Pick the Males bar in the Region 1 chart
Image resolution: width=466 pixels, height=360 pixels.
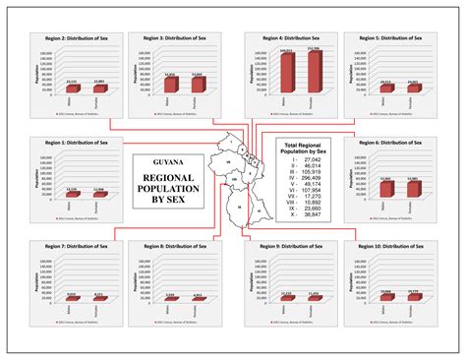71,193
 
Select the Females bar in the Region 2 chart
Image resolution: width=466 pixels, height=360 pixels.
99,90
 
